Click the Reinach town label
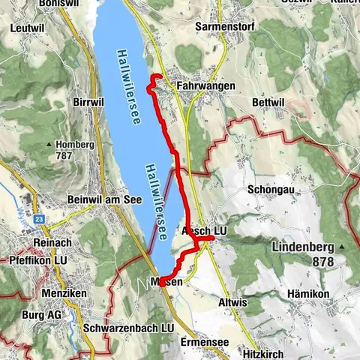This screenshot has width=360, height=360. coord(50,244)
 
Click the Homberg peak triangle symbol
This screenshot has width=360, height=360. coord(49,145)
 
